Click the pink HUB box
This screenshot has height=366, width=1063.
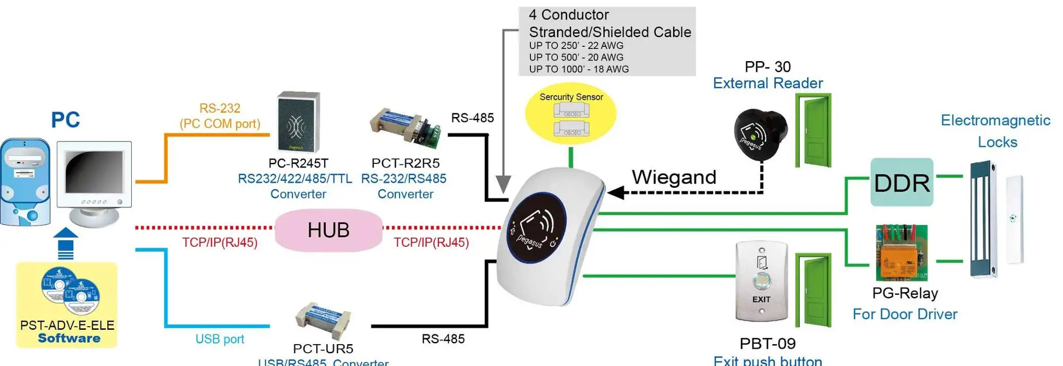(328, 230)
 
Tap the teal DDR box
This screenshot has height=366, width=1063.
(901, 182)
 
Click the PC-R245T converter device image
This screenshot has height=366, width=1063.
(298, 122)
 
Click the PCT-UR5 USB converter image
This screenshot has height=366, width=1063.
(323, 320)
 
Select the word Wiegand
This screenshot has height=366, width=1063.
(674, 177)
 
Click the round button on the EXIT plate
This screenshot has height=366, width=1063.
(761, 280)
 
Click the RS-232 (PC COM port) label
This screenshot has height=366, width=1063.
(220, 116)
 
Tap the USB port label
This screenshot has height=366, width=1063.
(220, 339)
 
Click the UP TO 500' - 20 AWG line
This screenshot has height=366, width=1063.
(576, 57)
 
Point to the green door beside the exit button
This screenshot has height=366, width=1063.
(814, 289)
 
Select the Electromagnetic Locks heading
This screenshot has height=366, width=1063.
(995, 131)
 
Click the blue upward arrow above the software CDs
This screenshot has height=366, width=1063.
(66, 243)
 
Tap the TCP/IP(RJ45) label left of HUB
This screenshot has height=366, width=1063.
(220, 243)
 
